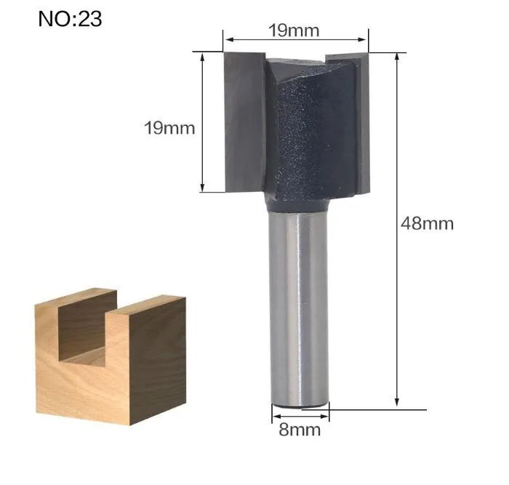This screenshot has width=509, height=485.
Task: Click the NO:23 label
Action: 70,19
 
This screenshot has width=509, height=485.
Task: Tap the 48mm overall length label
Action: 427,224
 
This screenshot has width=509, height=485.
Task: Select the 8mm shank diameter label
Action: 300,430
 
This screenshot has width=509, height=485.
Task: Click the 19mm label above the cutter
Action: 294,31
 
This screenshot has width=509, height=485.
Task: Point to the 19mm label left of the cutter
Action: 169,128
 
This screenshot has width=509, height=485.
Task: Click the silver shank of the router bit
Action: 300,308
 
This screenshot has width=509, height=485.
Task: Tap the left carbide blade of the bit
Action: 245,121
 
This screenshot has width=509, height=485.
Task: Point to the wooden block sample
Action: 111,356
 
